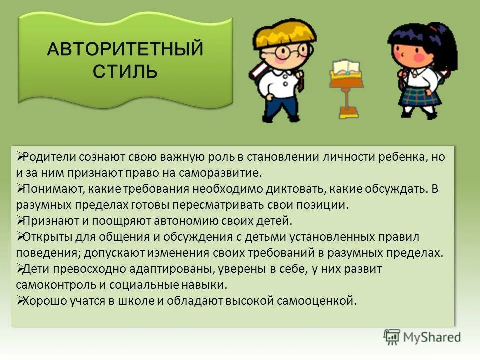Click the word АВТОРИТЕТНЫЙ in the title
(125, 50)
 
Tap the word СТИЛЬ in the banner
(125, 71)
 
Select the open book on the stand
(345, 67)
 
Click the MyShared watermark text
(433, 337)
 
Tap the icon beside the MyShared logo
(392, 337)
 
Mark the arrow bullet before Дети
(20, 268)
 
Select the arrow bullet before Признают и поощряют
(20, 220)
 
